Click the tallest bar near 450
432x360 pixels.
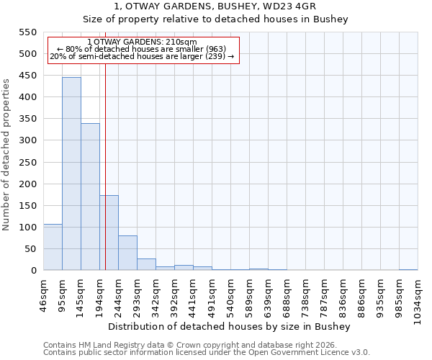point(71,174)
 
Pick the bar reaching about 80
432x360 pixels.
point(127,253)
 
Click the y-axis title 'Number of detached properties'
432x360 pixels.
point(7,155)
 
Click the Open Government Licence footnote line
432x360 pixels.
point(207,353)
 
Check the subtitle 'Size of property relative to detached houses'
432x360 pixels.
point(215,19)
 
